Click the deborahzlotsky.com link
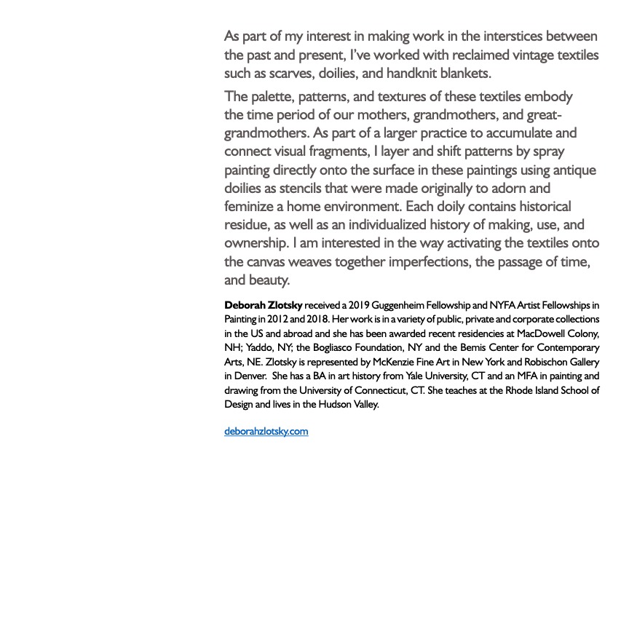click(266, 431)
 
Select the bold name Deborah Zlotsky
click(263, 305)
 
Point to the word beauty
click(269, 280)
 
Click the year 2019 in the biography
click(360, 305)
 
